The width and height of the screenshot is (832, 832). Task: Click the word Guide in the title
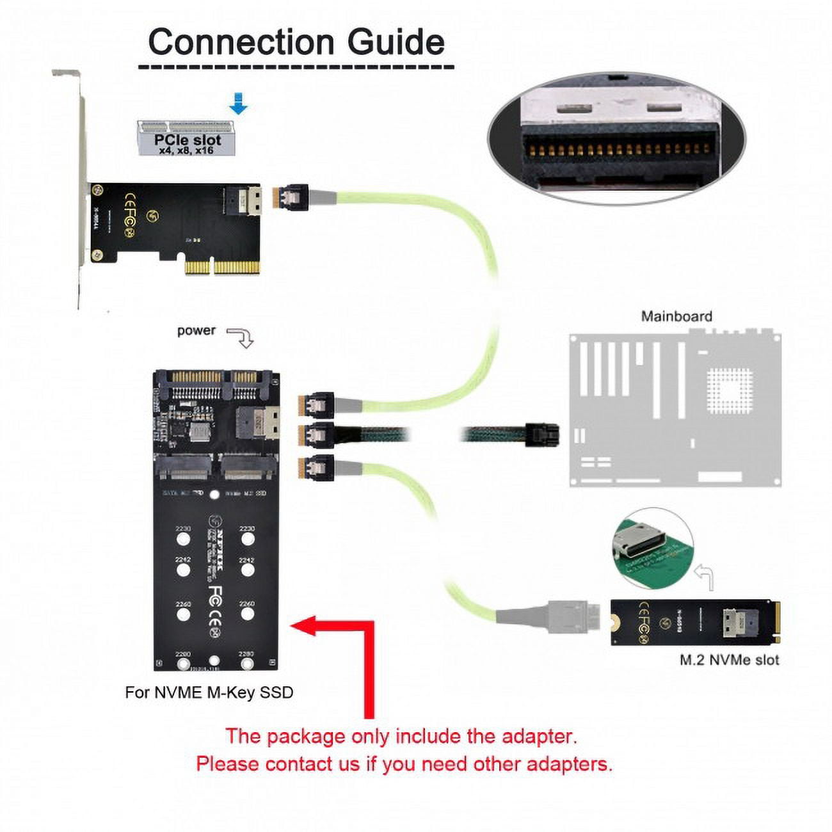pos(396,42)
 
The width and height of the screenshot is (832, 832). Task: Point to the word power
pos(196,331)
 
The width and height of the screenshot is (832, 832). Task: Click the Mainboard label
pos(676,316)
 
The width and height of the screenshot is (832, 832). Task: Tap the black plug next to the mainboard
pos(541,435)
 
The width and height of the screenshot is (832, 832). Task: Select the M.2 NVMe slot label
pos(729,660)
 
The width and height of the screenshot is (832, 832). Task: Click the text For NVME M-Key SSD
pos(209,692)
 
